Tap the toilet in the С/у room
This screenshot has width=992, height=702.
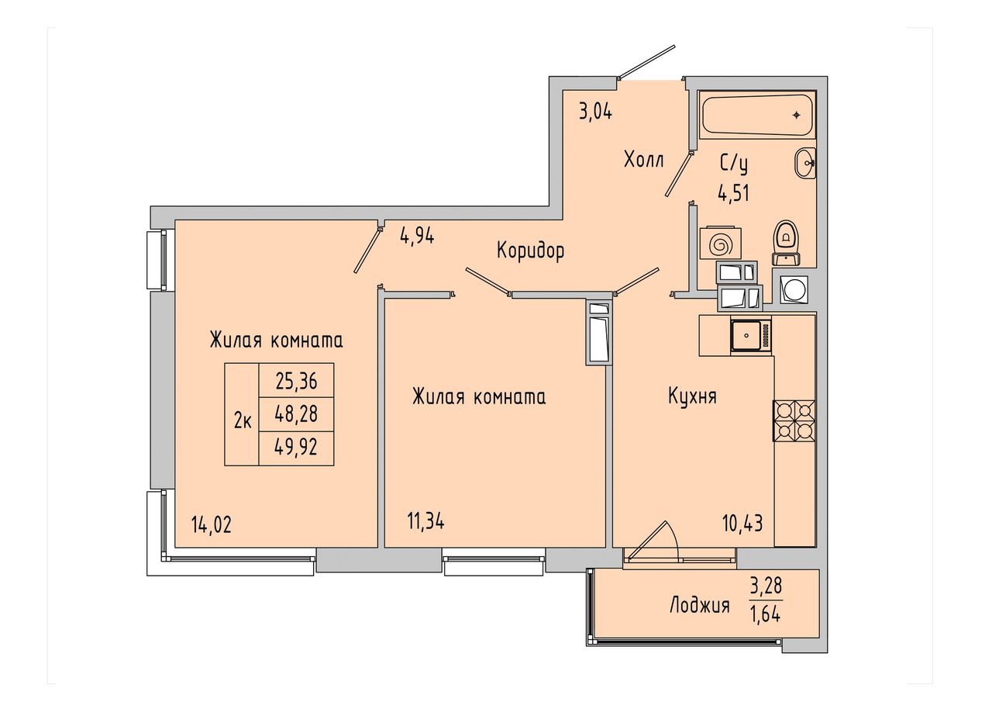click(x=786, y=243)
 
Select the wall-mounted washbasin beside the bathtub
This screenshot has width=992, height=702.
click(x=804, y=163)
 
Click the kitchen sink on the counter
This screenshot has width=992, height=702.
click(x=751, y=336)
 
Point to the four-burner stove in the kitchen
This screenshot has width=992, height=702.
click(x=794, y=420)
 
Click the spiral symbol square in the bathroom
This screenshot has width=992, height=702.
click(x=720, y=243)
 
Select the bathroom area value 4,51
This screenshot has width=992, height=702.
click(x=733, y=193)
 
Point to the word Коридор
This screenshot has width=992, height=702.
click(x=531, y=251)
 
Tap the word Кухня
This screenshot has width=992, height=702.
click(x=692, y=396)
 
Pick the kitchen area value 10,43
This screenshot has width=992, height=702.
click(x=742, y=524)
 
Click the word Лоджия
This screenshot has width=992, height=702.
click(x=700, y=605)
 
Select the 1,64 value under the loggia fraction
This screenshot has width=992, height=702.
click(x=766, y=614)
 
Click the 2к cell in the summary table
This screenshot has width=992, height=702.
click(x=243, y=421)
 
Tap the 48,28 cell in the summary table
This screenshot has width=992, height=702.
click(x=296, y=414)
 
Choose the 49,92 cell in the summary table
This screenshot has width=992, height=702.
click(x=296, y=448)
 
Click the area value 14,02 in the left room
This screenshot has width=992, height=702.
click(x=212, y=526)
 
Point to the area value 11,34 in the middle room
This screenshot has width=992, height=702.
click(x=425, y=522)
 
